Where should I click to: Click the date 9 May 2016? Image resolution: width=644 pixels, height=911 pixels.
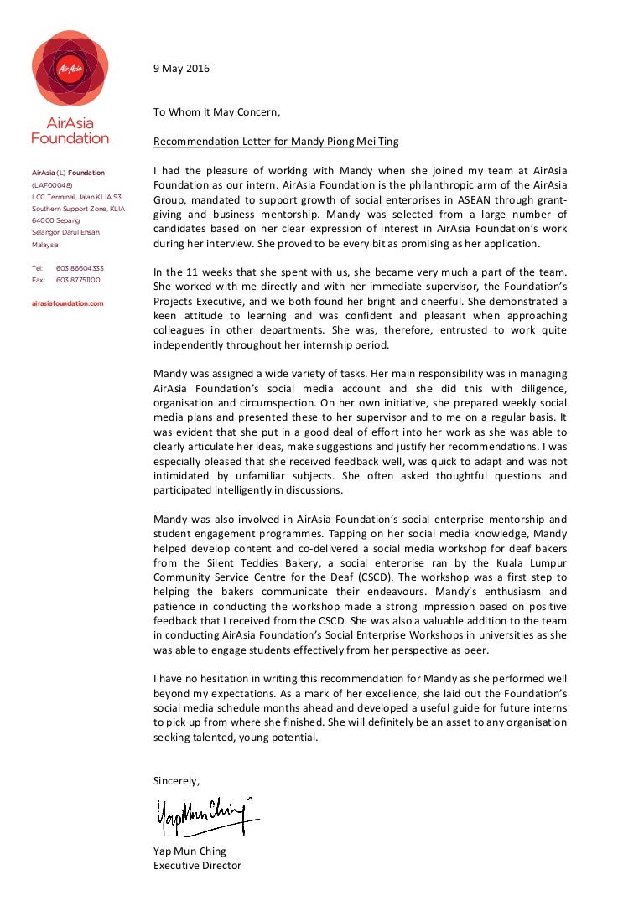[181, 69]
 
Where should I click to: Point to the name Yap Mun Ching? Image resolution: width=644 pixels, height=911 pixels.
[190, 851]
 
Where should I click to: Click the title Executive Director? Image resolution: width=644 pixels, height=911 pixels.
[197, 866]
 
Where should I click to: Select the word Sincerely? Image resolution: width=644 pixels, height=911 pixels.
[176, 780]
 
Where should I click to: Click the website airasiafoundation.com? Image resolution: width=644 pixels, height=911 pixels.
[68, 303]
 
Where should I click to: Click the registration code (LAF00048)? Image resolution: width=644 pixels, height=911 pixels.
[52, 185]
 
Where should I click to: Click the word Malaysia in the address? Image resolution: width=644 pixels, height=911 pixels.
[45, 245]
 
